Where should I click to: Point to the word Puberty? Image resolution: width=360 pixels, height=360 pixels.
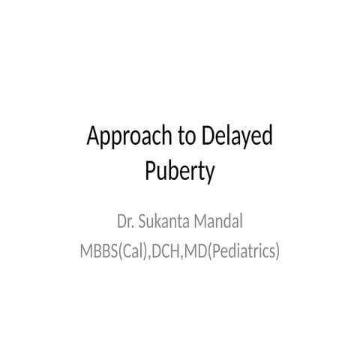pyautogui.click(x=179, y=171)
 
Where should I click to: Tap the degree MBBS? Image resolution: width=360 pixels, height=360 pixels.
pyautogui.click(x=99, y=250)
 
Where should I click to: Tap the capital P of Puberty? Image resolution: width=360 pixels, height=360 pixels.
pyautogui.click(x=149, y=171)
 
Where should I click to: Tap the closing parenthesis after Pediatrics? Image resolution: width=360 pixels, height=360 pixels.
pyautogui.click(x=277, y=250)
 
